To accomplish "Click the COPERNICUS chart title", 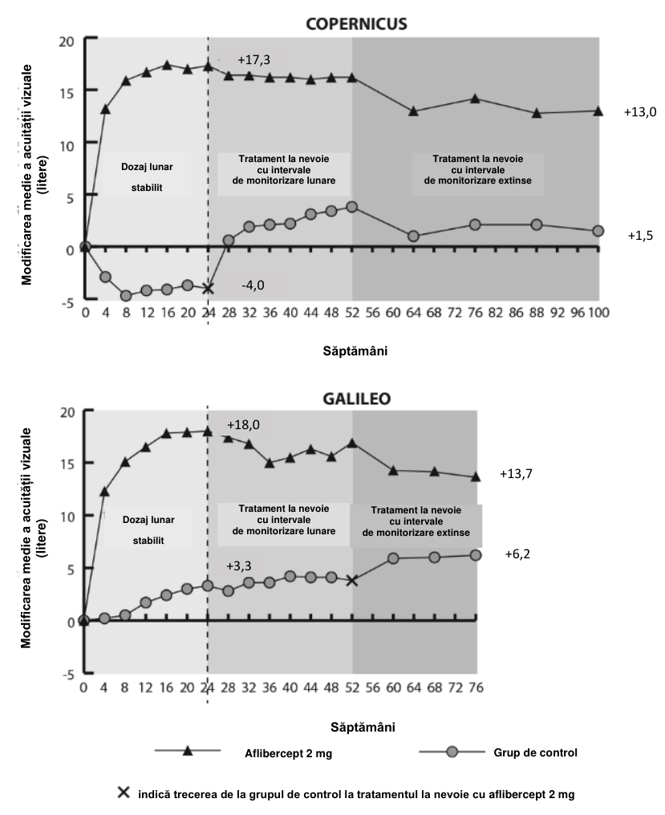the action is pos(356,24).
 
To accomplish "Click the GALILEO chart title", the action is pos(357,399).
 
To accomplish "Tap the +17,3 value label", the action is pos(253,60).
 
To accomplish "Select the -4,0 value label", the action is pos(253,286).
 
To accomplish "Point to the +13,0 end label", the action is pos(640,112).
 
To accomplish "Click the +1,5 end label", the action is pos(640,236).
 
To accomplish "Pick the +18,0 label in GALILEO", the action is pos(243,425).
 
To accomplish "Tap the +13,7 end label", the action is pos(516,474).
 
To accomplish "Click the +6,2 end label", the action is pos(517,554).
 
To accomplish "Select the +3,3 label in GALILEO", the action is pos(239,566).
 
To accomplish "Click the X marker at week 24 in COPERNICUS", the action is pos(208,288).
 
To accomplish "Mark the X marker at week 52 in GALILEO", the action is pos(352,581).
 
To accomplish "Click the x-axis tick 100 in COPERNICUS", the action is pos(598,312).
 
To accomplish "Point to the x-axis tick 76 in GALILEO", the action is pos(476,687).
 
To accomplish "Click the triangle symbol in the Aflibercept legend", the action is pos(188,751).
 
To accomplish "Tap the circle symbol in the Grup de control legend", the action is pos(452,752).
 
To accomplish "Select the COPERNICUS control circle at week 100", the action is pos(598,231).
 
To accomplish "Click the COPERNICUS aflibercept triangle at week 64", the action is pos(413,111).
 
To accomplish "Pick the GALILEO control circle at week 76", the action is pos(475,555).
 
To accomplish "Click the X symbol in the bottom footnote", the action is pos(124,793).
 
